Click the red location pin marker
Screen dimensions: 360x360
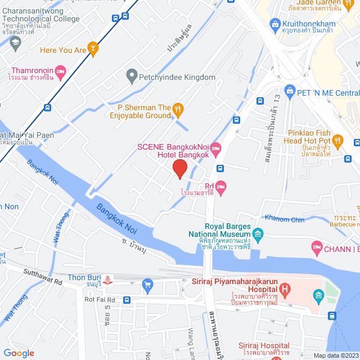point(179,169)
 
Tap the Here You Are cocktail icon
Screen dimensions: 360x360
point(93,50)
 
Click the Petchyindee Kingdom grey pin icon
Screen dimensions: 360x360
point(132,74)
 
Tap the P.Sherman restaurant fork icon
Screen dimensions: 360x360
point(178,108)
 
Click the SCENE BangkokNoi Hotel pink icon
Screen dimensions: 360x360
point(216,147)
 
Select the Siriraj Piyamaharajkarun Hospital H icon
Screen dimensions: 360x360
point(286,290)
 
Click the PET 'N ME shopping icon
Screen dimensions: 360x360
point(290,90)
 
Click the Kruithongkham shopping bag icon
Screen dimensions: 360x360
point(275,24)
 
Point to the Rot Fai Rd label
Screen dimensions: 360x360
point(100,300)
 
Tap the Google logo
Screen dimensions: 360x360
point(19,353)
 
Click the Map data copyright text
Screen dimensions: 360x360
point(335,355)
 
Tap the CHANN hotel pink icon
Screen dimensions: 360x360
point(317,247)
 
